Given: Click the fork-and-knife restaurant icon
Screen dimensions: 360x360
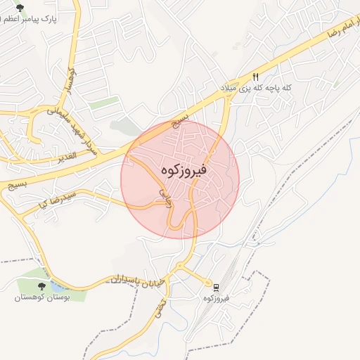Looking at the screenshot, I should (255, 77).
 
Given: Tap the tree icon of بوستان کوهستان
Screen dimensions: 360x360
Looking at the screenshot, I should (40, 285).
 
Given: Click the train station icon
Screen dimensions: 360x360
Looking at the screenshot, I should (209, 286).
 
